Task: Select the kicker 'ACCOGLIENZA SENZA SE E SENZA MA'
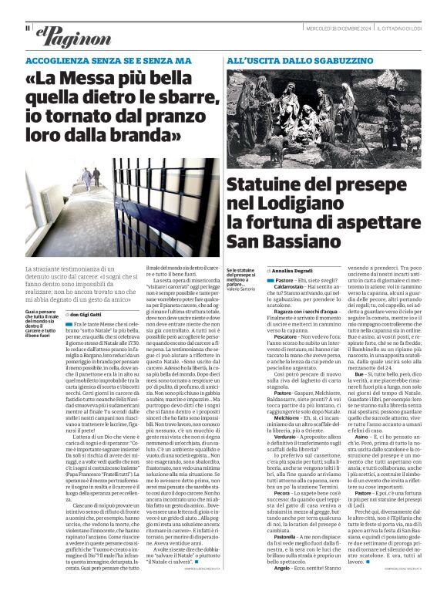(108, 59)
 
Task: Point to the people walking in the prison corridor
(89, 178)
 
